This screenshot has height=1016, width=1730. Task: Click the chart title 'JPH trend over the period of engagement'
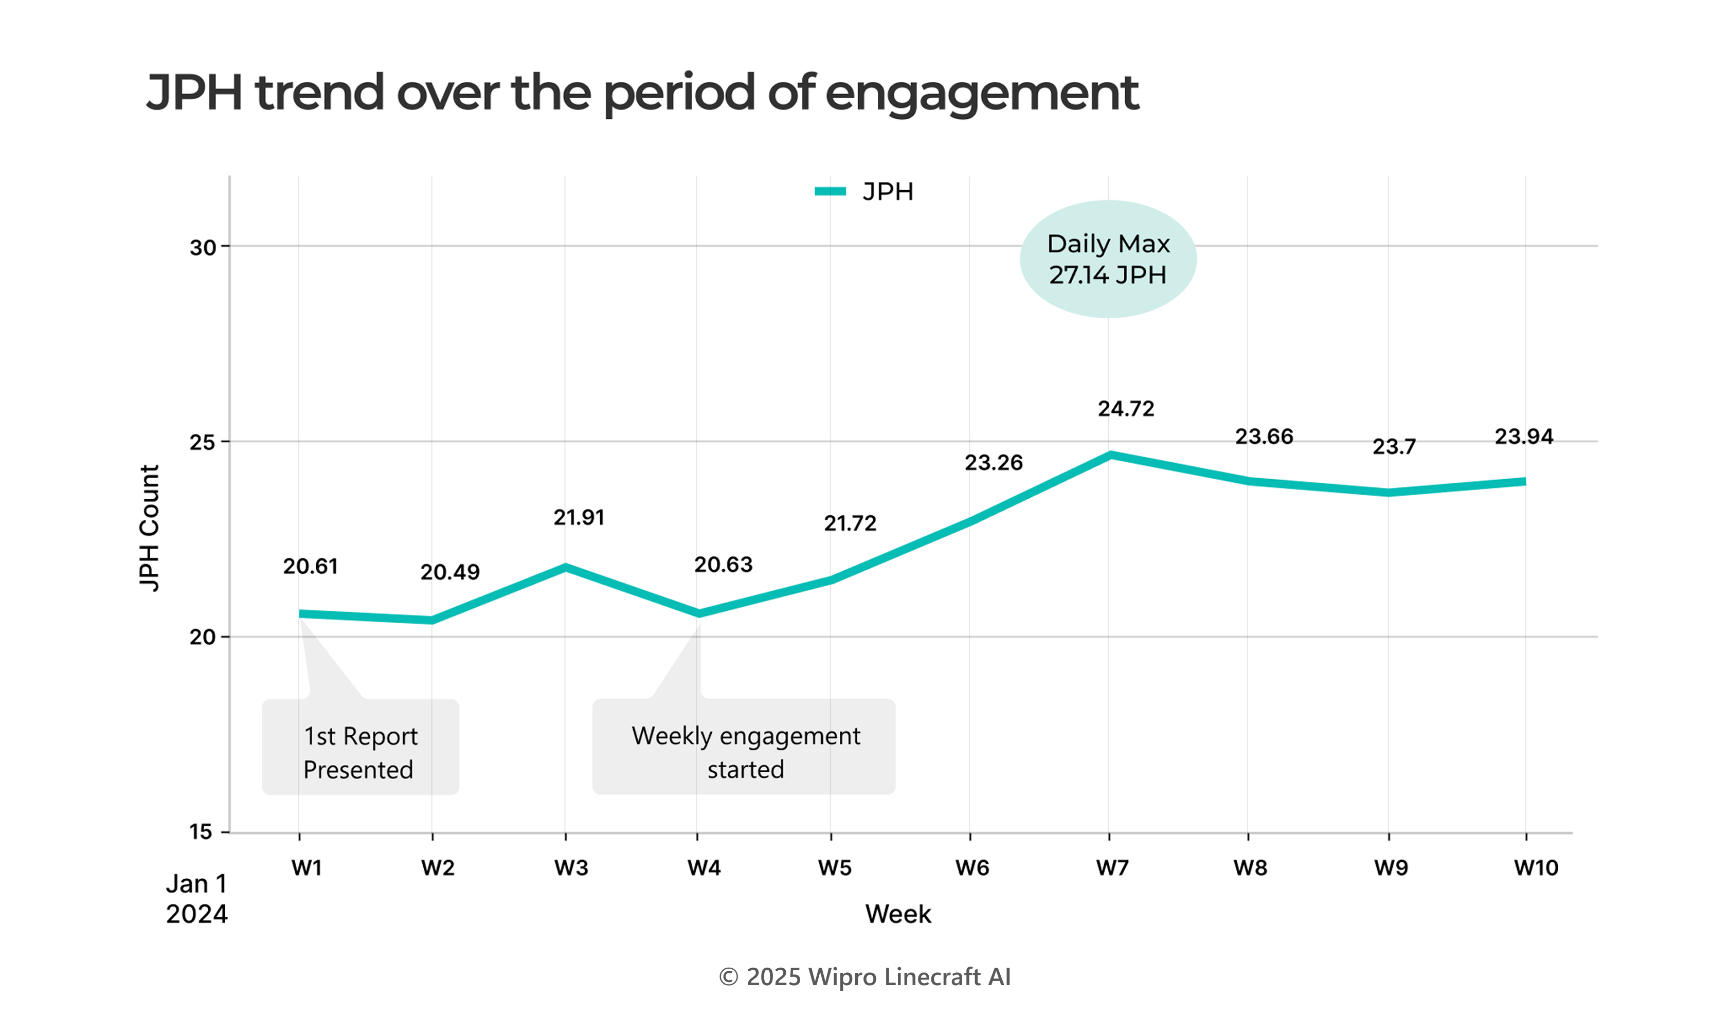[642, 93]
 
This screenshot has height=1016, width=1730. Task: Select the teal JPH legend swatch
[830, 192]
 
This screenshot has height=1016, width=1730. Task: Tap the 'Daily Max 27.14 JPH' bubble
[1108, 259]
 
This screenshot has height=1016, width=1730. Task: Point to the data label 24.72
[1126, 409]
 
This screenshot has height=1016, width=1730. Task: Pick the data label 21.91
[579, 518]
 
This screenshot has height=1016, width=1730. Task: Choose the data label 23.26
[994, 463]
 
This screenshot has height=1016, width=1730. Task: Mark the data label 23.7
[1394, 447]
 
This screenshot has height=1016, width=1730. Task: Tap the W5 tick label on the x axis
[834, 868]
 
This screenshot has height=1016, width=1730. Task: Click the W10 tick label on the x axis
[1536, 868]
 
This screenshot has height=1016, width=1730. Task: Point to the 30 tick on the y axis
[203, 247]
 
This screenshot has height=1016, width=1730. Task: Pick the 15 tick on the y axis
[201, 832]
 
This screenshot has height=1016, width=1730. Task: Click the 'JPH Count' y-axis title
[149, 528]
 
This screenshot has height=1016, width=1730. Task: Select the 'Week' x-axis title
[898, 914]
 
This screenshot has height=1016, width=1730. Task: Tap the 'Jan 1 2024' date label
[196, 899]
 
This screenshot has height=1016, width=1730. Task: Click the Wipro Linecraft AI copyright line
[864, 977]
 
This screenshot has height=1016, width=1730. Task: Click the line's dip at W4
[699, 613]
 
